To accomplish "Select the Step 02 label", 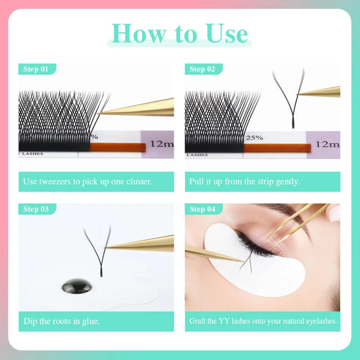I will (203, 69).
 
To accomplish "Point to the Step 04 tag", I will (203, 209).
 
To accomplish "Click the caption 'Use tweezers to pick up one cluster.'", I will (88, 182).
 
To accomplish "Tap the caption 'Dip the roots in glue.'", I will (62, 321).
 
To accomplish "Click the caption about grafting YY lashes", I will (263, 321).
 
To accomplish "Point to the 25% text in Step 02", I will (254, 138).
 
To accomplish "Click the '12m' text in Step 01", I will (162, 144).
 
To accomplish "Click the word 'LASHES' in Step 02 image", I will (198, 154).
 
